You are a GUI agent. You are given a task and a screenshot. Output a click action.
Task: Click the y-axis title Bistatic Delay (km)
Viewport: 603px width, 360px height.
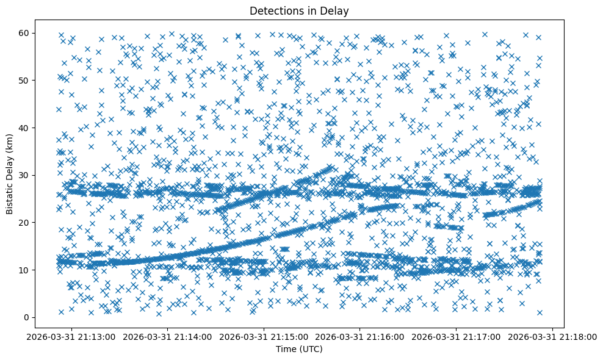tap(10, 175)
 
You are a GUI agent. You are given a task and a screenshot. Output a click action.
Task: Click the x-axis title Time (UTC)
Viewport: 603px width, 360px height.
tap(298, 349)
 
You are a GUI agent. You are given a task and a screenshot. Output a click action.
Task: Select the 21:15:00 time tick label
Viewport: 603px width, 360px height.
tap(265, 336)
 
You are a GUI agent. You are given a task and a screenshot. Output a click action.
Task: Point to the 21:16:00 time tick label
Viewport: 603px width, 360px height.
tap(361, 336)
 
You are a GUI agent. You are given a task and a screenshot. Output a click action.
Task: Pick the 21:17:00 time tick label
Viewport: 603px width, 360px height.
tap(457, 336)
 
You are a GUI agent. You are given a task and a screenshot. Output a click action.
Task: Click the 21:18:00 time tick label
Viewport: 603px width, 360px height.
tap(553, 336)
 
